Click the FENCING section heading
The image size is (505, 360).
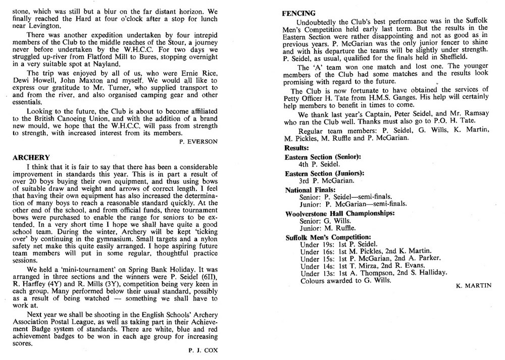point(300,13)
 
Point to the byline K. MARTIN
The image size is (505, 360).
point(473,286)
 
